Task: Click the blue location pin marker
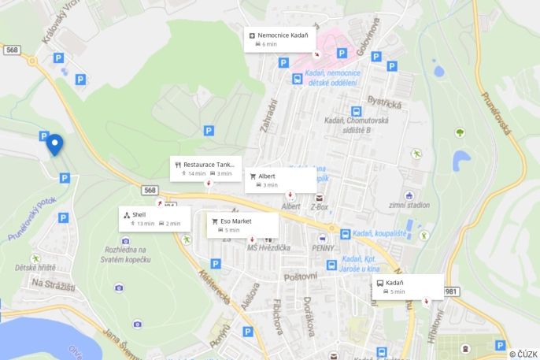54,145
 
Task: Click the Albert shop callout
282,180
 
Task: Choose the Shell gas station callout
155,218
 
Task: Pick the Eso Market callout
242,225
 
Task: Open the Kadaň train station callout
407,287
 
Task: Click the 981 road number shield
451,291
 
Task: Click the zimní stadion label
410,206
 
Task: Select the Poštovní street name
300,277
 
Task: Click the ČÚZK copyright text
523,354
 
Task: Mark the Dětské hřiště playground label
35,268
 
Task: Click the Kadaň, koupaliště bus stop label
378,234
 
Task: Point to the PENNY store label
324,248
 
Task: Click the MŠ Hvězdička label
268,248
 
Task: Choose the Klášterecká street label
213,288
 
